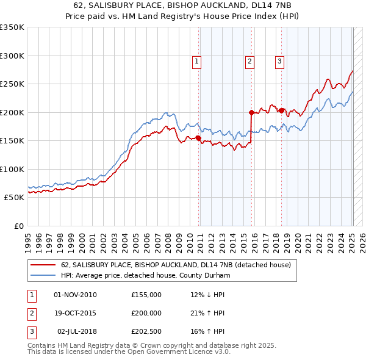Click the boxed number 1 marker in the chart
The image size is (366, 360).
[x=197, y=60]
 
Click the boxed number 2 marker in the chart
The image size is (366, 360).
[x=250, y=60]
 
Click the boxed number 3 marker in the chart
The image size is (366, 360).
[x=279, y=60]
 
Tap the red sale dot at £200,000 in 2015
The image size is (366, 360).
[x=251, y=112]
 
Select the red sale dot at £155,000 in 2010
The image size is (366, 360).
[x=199, y=138]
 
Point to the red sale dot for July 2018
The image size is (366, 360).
[x=281, y=110]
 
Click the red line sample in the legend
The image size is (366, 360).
[x=43, y=265]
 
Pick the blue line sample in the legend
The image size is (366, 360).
[x=43, y=275]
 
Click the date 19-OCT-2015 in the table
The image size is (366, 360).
[x=75, y=313]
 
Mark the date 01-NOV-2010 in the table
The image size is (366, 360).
[x=75, y=295]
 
